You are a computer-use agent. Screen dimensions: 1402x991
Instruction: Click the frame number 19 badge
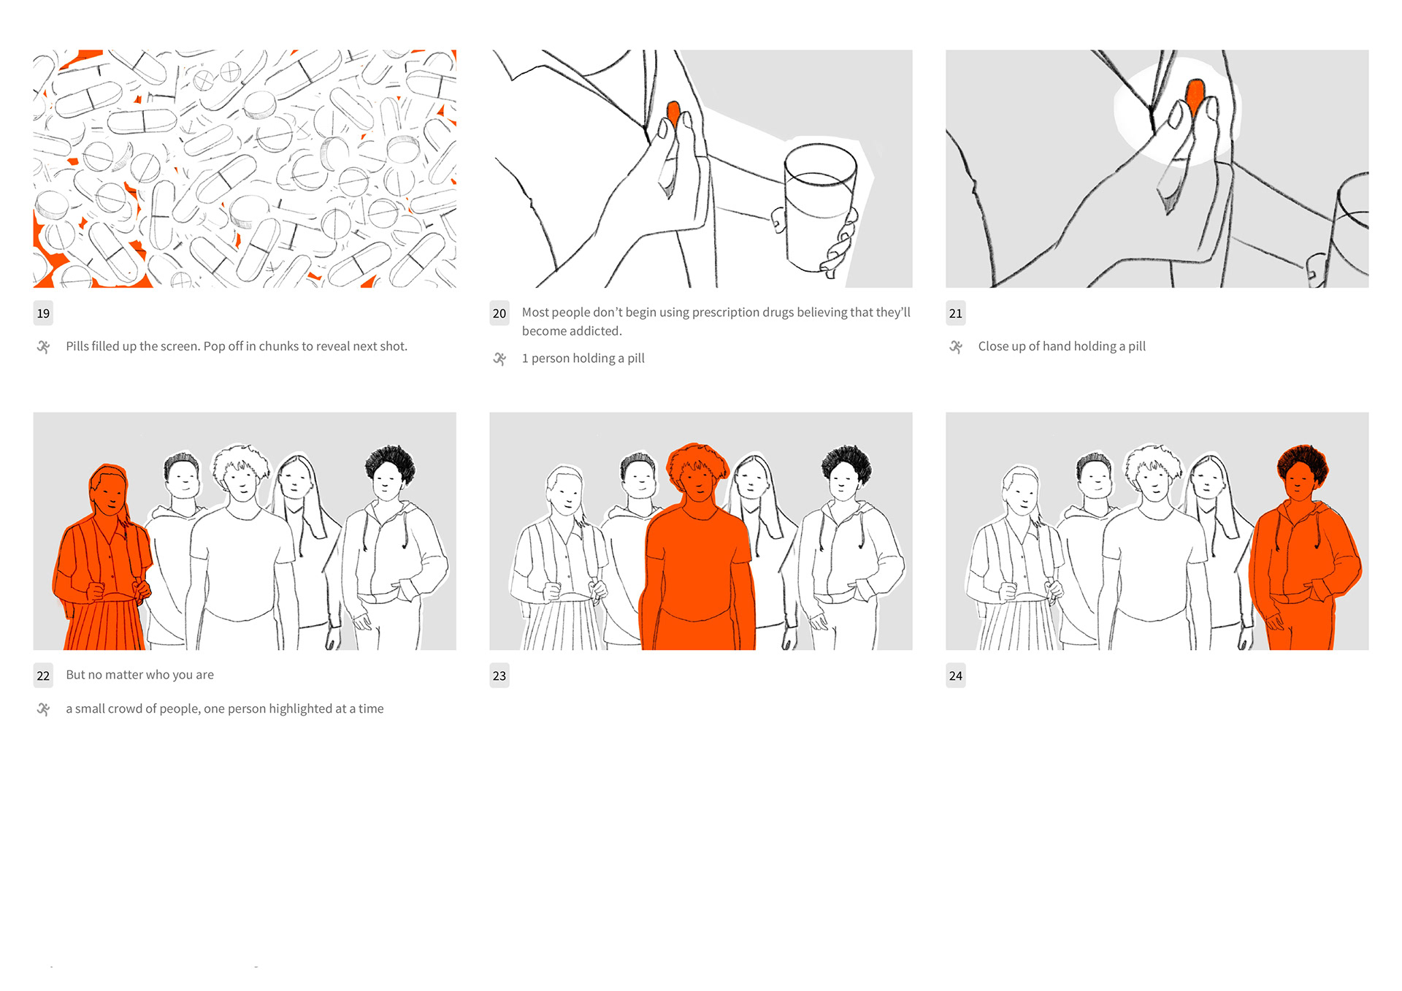click(43, 313)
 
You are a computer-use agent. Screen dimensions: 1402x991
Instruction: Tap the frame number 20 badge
click(499, 313)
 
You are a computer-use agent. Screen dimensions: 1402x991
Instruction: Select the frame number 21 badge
click(956, 313)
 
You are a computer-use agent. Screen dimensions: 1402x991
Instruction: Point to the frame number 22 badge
click(43, 676)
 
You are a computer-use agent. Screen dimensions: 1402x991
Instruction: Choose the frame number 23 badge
click(499, 676)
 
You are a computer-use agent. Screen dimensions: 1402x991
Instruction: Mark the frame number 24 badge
click(956, 676)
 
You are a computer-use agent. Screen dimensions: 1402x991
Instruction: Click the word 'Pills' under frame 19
click(77, 346)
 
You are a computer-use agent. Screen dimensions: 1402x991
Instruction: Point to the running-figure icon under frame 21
click(956, 347)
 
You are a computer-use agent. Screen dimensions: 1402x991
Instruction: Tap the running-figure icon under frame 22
click(44, 709)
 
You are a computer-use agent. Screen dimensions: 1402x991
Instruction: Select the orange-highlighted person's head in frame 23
click(697, 471)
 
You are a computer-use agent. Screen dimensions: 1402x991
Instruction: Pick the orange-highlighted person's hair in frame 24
click(1301, 462)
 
